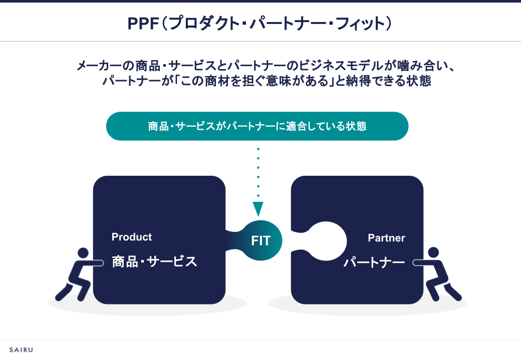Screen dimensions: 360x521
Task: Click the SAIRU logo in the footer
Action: [x=21, y=349]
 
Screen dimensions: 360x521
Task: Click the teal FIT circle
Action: [x=261, y=240]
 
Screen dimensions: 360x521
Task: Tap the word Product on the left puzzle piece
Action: [x=132, y=237]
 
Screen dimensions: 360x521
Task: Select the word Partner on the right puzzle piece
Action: [x=386, y=238]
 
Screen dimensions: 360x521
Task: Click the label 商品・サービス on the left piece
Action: [x=154, y=261]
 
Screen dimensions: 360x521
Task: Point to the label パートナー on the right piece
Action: [x=374, y=262]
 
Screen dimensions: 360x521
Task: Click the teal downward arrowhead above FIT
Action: [x=258, y=208]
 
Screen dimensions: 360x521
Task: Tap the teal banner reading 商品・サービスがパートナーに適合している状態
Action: [x=257, y=126]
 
